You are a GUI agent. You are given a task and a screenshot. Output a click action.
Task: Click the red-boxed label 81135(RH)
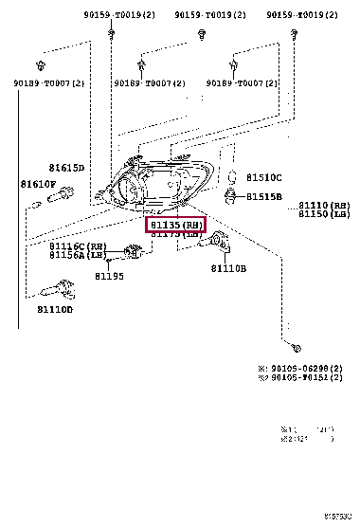click(174, 225)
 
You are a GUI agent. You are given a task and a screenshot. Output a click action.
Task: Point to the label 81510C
click(265, 177)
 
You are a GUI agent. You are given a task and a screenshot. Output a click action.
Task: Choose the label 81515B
click(265, 196)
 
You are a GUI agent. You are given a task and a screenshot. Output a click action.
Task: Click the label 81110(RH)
click(324, 205)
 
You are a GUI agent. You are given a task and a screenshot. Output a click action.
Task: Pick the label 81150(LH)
click(324, 215)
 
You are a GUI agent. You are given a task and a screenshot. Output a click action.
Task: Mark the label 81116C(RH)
click(74, 245)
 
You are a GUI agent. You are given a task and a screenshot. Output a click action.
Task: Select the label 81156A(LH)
click(74, 255)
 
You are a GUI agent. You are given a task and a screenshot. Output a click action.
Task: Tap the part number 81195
click(109, 276)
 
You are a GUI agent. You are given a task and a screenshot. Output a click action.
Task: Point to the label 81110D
click(55, 309)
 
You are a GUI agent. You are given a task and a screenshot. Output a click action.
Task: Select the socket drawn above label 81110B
click(218, 243)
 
